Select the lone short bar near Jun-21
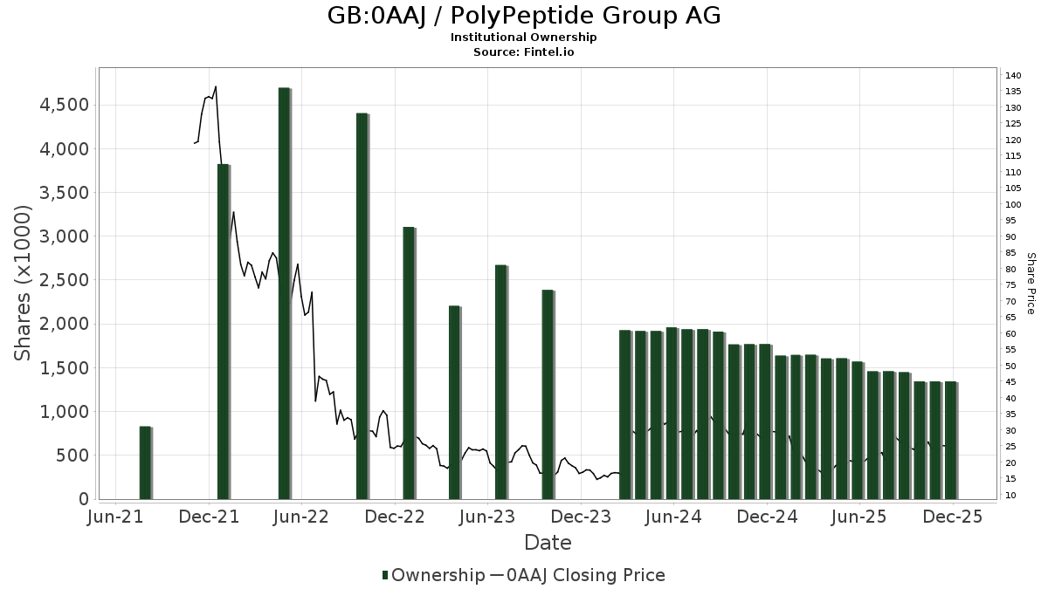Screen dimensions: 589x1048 pos(145,462)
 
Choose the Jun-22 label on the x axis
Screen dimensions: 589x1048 pos(301,517)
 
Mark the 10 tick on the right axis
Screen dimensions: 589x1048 pos(1010,496)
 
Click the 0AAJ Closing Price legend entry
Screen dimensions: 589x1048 pos(577,575)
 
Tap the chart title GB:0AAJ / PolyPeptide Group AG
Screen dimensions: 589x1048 pos(524,16)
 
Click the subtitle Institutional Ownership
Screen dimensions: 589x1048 pos(524,38)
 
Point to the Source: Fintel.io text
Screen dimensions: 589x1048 pos(524,52)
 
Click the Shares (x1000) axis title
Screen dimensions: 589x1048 pos(24,283)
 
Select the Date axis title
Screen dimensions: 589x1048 pos(548,543)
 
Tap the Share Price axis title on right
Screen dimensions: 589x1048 pos(1031,283)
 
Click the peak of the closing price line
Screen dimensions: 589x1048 pos(215,86)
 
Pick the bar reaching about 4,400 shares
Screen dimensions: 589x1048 pos(362,305)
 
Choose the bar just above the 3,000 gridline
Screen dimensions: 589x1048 pos(409,362)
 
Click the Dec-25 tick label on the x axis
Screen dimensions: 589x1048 pos(954,517)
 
